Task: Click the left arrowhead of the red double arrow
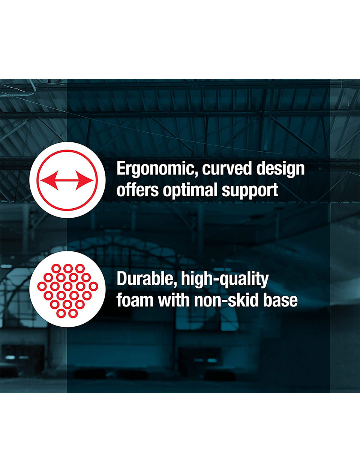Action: click(x=49, y=180)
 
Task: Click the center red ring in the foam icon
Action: click(x=68, y=286)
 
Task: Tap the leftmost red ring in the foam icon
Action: click(x=42, y=286)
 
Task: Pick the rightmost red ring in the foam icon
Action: click(x=93, y=286)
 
